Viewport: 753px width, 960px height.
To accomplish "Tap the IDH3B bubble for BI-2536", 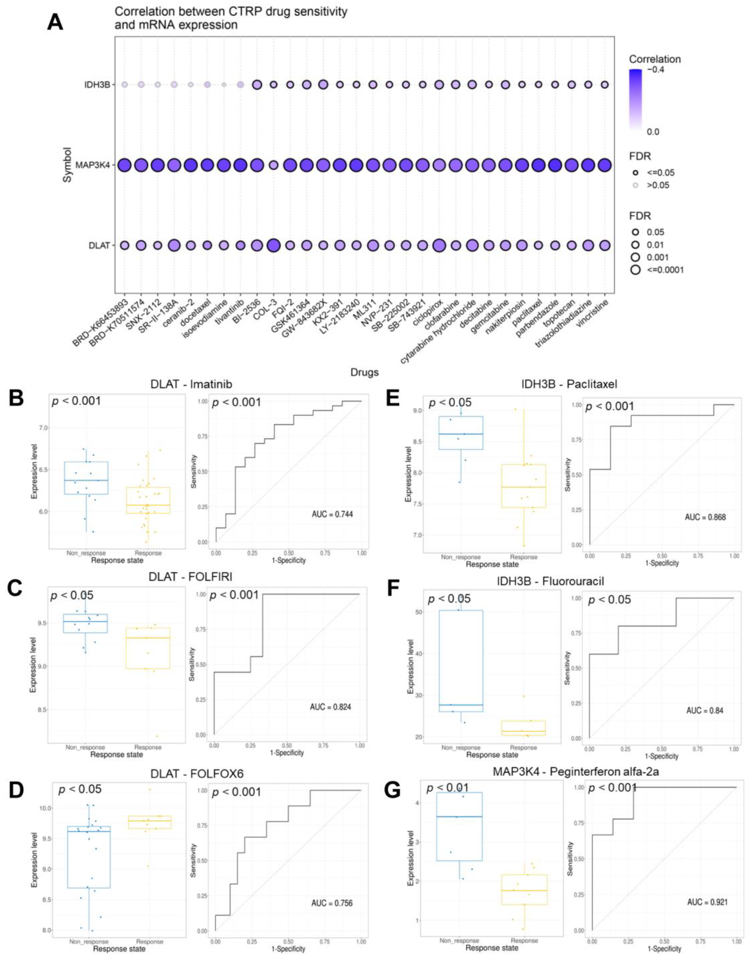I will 257,85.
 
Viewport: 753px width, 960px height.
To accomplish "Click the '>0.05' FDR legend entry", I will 658,185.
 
